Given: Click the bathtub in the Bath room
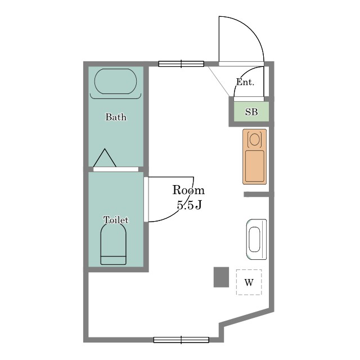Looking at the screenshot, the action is point(115,81).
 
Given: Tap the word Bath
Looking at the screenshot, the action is point(116,117).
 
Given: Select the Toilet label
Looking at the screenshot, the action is point(116,220).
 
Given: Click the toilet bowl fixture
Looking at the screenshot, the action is point(114,244).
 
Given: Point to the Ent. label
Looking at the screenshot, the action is point(245,82).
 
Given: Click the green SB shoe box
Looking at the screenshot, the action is point(251,111).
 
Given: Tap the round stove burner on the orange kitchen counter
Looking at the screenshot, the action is point(254,139).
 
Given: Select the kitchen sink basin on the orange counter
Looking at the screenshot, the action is point(255,166).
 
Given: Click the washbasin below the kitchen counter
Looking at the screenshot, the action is point(256,240).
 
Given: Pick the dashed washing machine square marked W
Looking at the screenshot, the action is point(249,282).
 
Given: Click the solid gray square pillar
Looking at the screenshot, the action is point(221,277).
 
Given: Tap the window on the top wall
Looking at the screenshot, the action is point(181,64).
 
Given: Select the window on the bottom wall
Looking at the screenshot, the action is point(181,340).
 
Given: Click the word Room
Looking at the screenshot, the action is point(188,190).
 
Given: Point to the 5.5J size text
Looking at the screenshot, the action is point(190,205).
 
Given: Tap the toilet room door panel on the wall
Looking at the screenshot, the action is point(146,199).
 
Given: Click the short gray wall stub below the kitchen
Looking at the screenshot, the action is point(256,195).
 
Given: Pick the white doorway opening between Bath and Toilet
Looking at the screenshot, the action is point(116,169).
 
